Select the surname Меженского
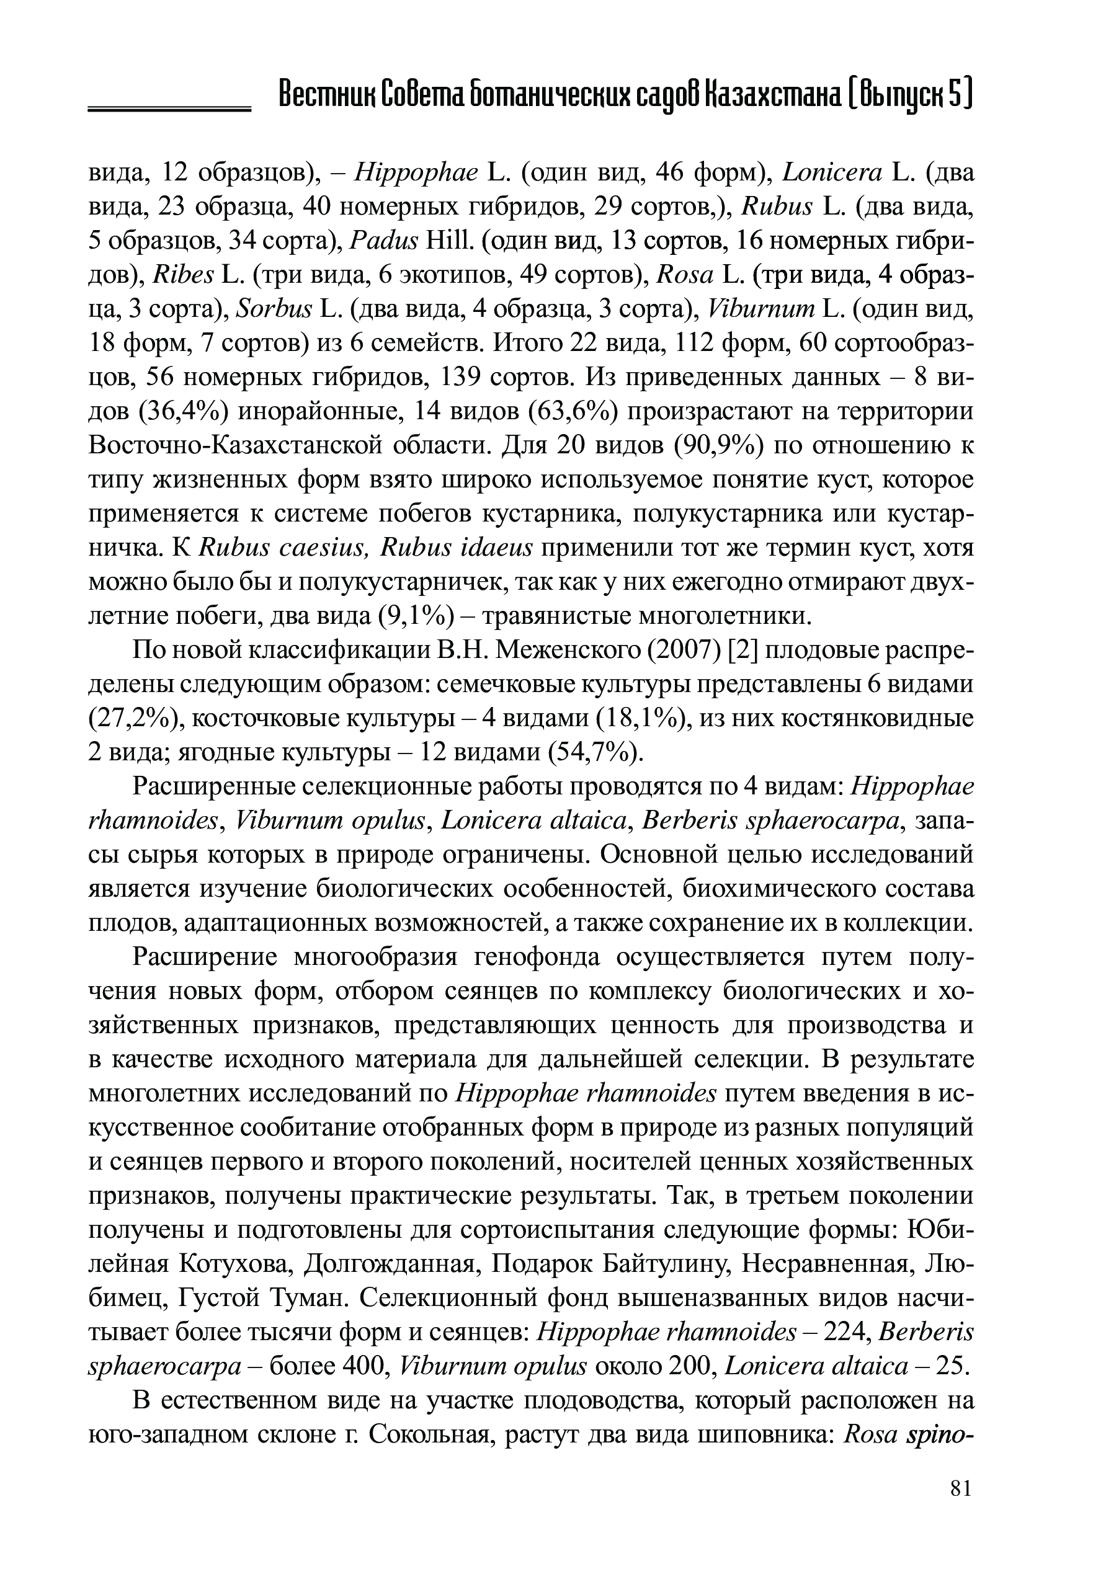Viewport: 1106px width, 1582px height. (568, 650)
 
